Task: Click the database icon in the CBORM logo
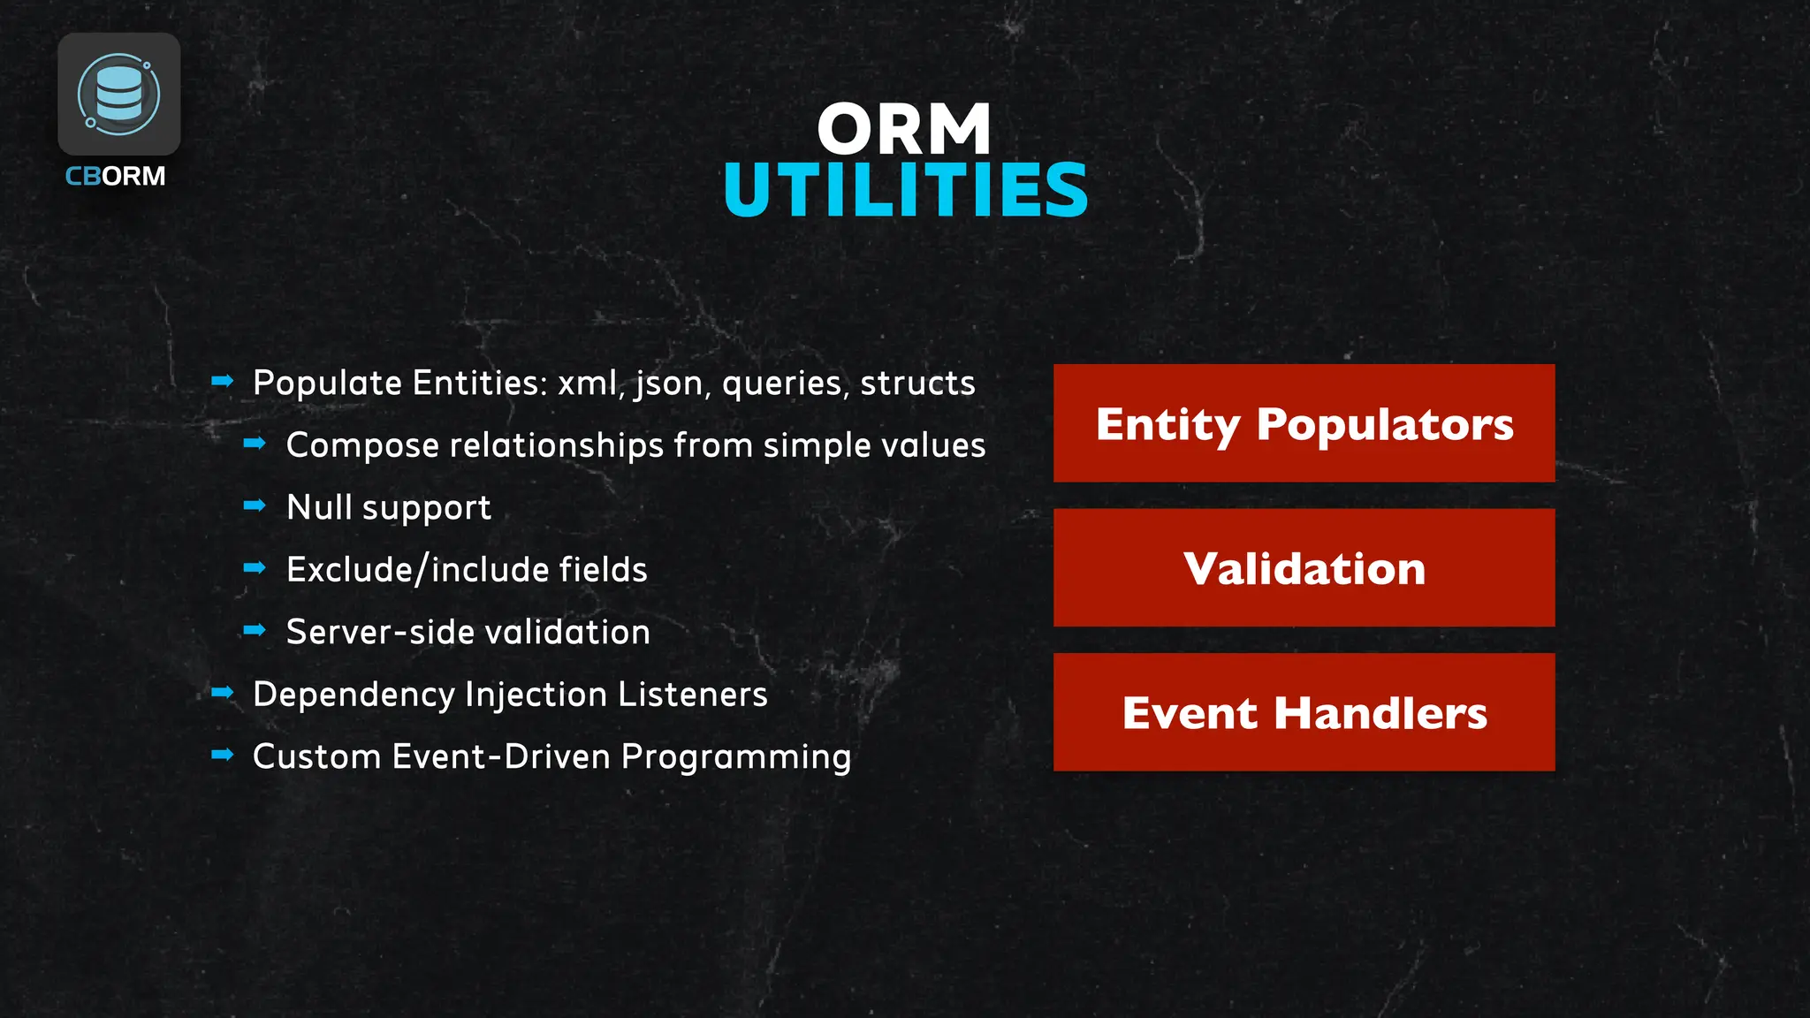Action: coord(119,94)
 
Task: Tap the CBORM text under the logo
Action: coord(116,176)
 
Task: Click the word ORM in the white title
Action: coord(904,129)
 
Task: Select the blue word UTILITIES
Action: coord(906,190)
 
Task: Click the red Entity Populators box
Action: coord(1304,423)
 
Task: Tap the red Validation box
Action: coord(1304,568)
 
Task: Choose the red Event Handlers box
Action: coord(1304,712)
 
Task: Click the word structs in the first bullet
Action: coord(917,384)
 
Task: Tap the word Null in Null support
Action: coord(319,507)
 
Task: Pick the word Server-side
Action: coord(380,632)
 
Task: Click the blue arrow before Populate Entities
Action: coord(223,381)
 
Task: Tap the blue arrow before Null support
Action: coord(255,505)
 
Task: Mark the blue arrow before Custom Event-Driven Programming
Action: coord(223,755)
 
